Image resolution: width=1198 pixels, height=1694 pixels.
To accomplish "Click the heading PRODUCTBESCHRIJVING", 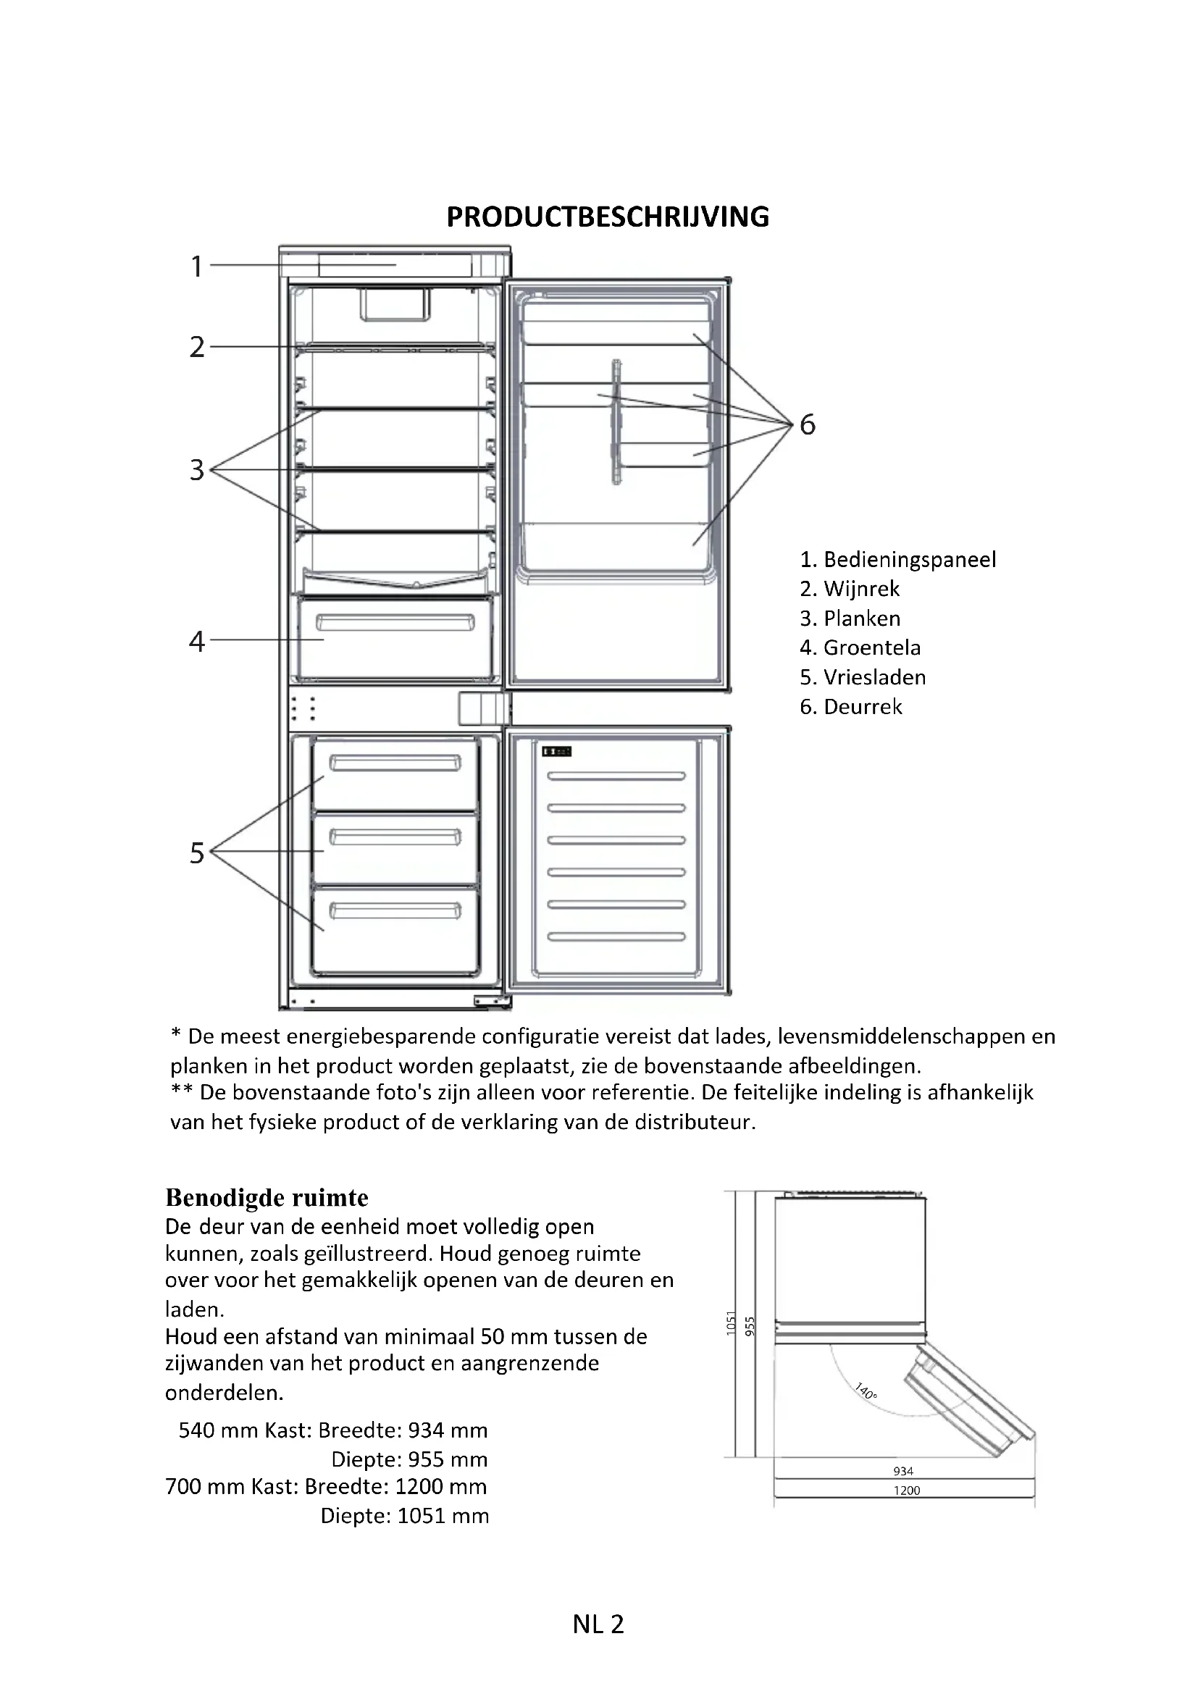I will coord(608,217).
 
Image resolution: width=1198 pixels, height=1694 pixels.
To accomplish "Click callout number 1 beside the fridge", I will coord(196,267).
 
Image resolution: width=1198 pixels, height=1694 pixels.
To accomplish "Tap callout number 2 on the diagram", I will coord(196,347).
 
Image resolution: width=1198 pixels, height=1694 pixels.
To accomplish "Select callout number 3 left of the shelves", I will coord(196,470).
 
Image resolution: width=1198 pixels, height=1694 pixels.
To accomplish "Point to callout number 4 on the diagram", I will coord(196,641).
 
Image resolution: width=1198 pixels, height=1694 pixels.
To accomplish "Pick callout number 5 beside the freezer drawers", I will coord(196,853).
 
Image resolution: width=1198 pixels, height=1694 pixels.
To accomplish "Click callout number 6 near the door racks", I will coord(808,425).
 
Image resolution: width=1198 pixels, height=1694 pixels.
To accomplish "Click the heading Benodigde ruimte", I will coord(267,1196).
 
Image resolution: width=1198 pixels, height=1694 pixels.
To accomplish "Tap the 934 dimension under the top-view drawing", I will coord(903,1471).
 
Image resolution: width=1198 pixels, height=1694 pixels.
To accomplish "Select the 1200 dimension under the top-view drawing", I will coord(907,1490).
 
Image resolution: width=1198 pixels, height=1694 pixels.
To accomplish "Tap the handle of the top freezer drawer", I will coord(395,763).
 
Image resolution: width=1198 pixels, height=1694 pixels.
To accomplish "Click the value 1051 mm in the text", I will coord(443,1516).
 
